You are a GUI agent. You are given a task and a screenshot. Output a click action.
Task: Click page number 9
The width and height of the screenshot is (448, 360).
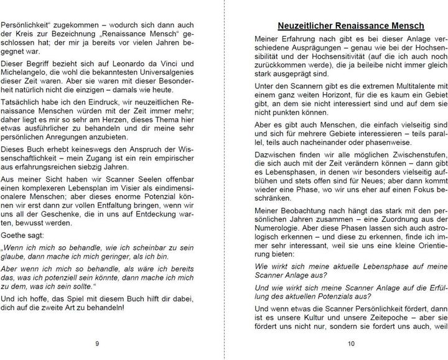point(98,344)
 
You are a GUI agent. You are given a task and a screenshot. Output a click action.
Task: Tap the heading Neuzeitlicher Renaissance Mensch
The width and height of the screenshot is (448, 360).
point(350,26)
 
